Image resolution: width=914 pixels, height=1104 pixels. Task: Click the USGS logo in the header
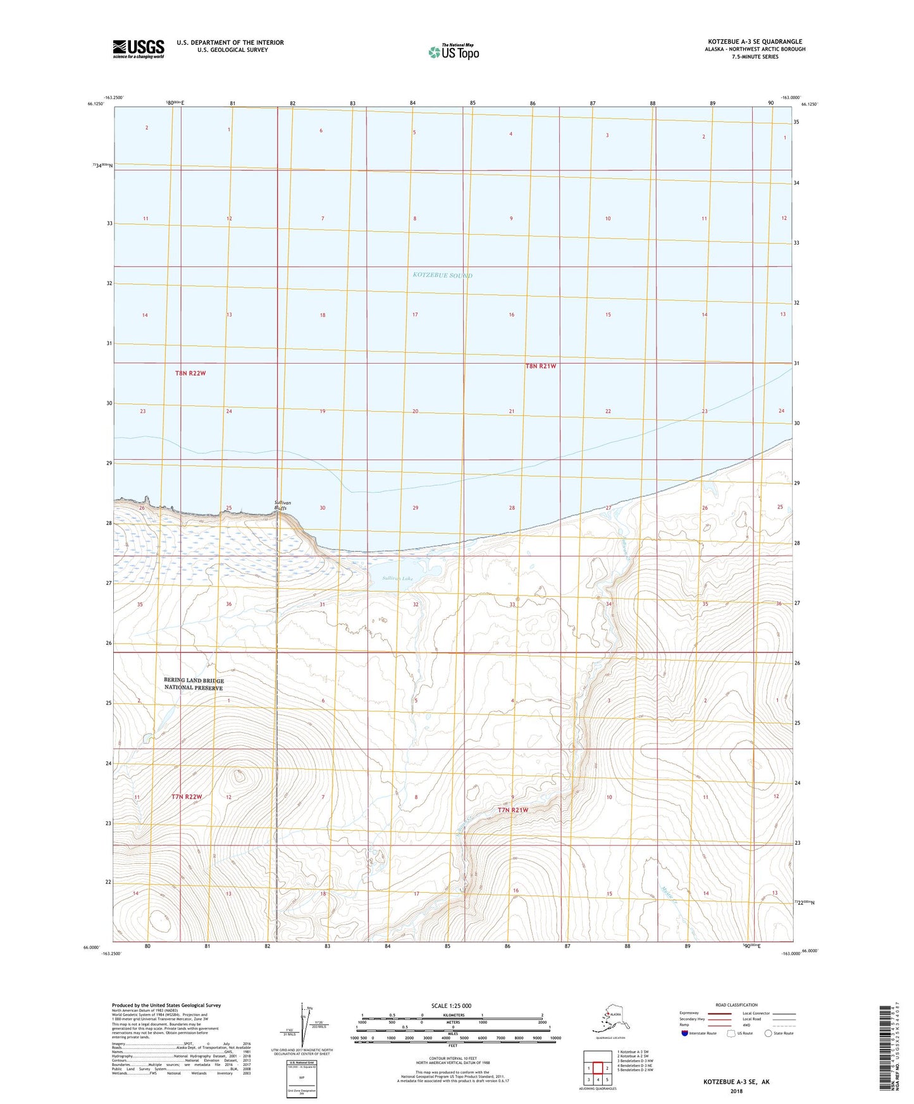point(138,49)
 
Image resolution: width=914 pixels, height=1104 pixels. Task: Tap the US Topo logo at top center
point(453,51)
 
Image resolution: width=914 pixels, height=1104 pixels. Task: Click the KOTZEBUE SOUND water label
point(442,275)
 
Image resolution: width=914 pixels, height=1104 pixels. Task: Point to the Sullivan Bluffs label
point(282,505)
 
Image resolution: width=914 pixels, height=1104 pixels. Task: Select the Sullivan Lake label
point(398,578)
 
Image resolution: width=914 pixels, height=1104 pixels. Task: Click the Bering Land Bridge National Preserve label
point(194,684)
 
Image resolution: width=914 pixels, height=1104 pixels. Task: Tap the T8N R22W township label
point(190,373)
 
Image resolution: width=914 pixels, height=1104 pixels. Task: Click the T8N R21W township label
point(540,365)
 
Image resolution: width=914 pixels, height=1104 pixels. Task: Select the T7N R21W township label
point(512,809)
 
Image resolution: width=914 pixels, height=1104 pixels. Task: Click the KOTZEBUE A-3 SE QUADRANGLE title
point(755,42)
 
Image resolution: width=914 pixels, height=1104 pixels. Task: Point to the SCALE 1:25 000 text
point(451,1005)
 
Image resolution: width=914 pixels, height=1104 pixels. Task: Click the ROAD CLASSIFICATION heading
point(736,1005)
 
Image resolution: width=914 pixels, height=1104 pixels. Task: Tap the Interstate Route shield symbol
point(684,1033)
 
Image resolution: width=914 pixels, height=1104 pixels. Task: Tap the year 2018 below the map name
point(736,1091)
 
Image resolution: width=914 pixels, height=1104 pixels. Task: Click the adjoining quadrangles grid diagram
point(597,1067)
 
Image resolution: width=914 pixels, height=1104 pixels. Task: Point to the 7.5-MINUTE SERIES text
point(755,57)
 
